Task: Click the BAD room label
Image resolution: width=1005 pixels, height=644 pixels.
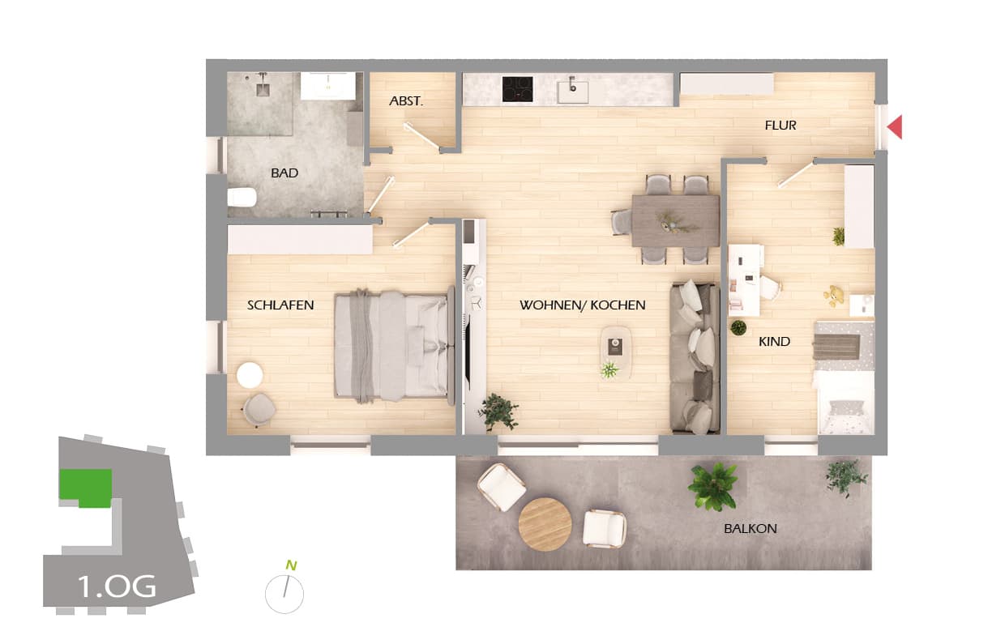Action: click(x=284, y=173)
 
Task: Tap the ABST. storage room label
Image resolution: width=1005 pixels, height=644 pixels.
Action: click(x=406, y=102)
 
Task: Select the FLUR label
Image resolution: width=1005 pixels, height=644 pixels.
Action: click(x=780, y=126)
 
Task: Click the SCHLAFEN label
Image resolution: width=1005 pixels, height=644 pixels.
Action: click(x=280, y=305)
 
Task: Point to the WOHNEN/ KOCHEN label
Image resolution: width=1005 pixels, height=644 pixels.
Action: click(x=582, y=305)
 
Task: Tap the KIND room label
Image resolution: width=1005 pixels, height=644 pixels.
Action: click(x=774, y=342)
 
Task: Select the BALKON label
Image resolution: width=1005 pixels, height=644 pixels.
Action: click(x=751, y=529)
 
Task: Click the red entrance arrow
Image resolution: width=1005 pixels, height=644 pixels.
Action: click(x=895, y=127)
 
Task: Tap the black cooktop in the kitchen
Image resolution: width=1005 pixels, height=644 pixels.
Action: click(x=517, y=89)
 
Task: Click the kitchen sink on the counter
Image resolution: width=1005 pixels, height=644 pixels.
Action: click(x=573, y=89)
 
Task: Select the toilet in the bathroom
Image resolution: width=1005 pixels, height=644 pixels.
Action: click(x=242, y=197)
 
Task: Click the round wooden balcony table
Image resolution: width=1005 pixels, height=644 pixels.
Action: click(x=545, y=524)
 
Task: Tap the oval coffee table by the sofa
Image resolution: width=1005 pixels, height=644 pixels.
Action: click(x=617, y=347)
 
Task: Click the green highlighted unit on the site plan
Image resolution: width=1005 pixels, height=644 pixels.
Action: click(x=85, y=487)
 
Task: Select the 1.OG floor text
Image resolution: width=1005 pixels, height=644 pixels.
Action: click(x=117, y=586)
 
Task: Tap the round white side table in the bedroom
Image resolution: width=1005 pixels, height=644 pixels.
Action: click(x=250, y=375)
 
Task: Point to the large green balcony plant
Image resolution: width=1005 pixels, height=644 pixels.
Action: click(x=713, y=485)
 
